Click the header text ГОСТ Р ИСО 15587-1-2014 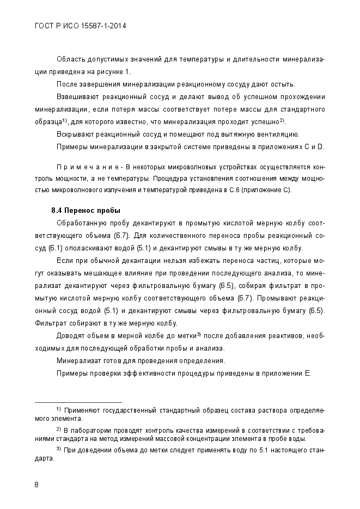pyautogui.click(x=80, y=26)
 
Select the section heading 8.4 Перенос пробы pyautogui.click(x=86, y=211)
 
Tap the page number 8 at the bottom pyautogui.click(x=36, y=485)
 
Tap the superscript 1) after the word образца pyautogui.click(x=64, y=120)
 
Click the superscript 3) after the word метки pyautogui.click(x=199, y=334)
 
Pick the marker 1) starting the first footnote pyautogui.click(x=58, y=408)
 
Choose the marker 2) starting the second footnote pyautogui.click(x=58, y=428)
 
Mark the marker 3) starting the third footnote pyautogui.click(x=58, y=449)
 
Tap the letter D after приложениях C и pyautogui.click(x=321, y=146)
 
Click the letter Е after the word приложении pyautogui.click(x=307, y=373)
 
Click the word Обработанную pyautogui.click(x=81, y=223)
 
